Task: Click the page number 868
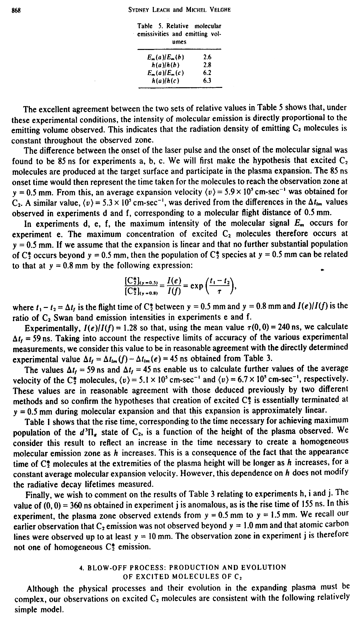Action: pos(16,9)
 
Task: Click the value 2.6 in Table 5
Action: pos(207,57)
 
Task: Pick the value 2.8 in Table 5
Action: pos(207,65)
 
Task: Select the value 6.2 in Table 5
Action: pos(207,73)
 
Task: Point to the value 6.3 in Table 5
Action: pos(207,80)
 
